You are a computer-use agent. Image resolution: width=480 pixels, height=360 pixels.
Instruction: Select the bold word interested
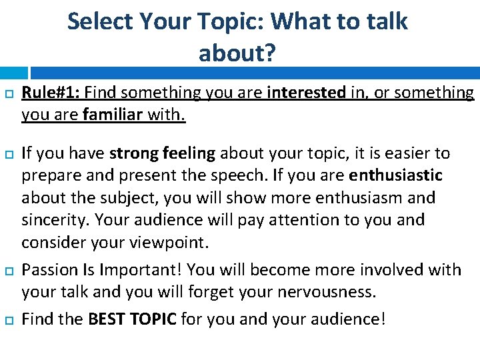pos(306,93)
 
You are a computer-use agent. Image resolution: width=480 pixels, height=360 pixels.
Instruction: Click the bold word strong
pos(133,153)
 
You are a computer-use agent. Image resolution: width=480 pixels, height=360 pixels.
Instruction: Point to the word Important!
pos(141,270)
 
